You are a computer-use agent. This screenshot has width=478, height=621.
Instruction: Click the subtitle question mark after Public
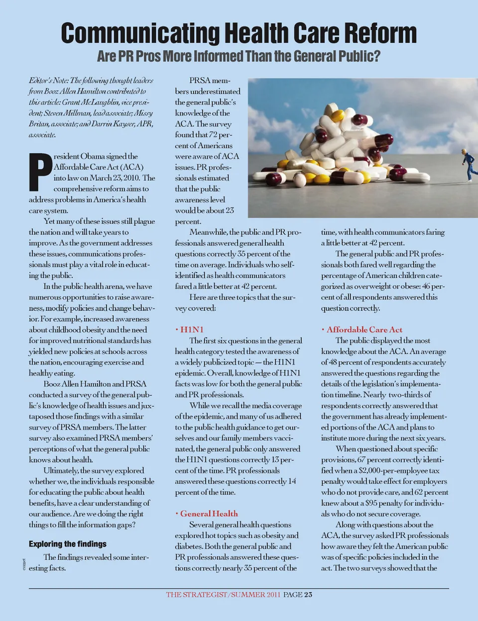(x=376, y=56)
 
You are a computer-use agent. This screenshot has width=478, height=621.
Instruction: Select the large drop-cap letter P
(x=40, y=172)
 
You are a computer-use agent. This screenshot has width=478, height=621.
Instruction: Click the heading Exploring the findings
(x=68, y=544)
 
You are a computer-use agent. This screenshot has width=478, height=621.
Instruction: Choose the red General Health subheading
(x=209, y=514)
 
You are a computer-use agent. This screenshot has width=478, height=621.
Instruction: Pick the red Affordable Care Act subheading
(x=364, y=329)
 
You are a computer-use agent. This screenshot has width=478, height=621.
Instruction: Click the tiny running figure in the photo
(x=469, y=164)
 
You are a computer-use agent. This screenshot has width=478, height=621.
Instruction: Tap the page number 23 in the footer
(x=308, y=595)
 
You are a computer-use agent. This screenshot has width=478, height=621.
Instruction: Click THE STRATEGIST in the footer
(x=196, y=595)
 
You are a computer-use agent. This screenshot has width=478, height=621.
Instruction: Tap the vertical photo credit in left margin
(x=24, y=564)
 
